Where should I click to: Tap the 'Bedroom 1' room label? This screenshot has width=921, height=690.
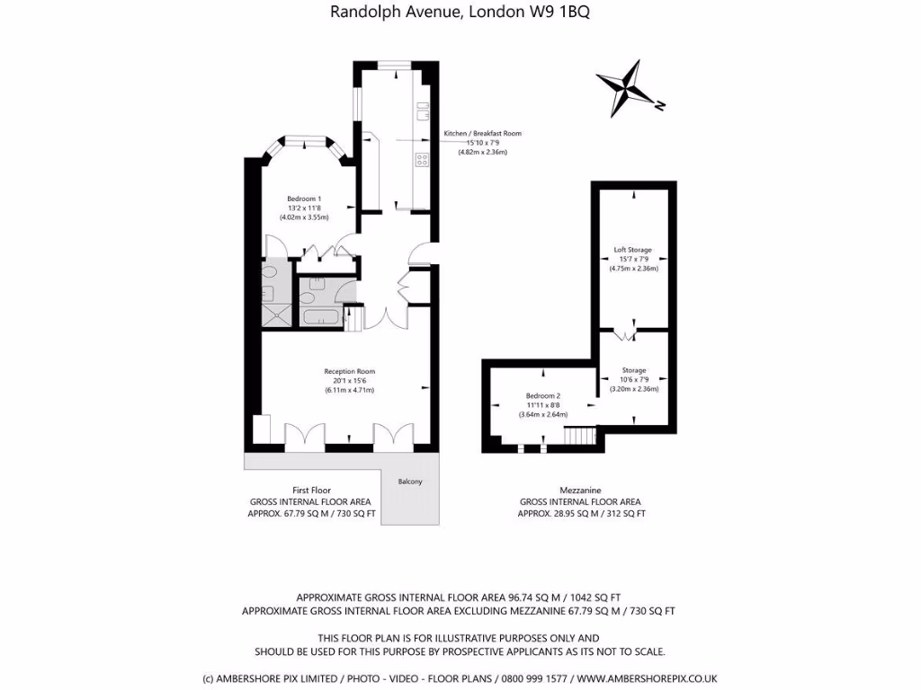304,199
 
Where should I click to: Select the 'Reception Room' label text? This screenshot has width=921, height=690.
349,371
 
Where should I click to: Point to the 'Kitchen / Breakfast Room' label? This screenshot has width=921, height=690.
482,134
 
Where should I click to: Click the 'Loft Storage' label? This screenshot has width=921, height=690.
633,250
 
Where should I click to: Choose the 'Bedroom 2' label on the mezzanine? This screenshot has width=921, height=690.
543,396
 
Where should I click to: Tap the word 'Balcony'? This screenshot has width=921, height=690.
409,482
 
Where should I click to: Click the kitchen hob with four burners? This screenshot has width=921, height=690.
420,161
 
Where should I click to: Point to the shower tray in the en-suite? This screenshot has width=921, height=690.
271,313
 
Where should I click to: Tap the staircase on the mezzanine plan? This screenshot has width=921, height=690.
580,436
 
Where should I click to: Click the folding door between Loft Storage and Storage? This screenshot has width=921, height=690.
625,334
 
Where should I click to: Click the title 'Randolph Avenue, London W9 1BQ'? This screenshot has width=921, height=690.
460,12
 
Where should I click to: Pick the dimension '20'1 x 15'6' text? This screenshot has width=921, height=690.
349,381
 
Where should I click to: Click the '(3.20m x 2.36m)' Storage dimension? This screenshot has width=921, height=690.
634,389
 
